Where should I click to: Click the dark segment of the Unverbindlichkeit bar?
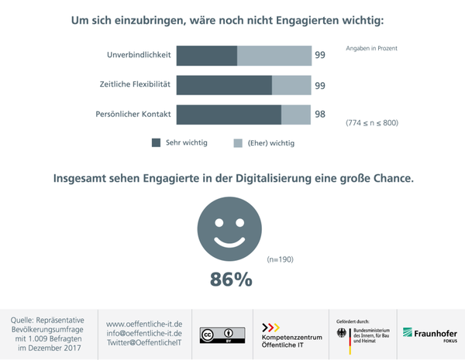[206, 56]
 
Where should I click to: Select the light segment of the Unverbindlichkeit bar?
[274, 56]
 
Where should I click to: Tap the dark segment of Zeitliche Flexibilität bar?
[224, 85]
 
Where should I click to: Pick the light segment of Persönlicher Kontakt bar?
[295, 115]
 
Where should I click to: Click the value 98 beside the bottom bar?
[319, 115]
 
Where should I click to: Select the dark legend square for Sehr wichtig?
[156, 142]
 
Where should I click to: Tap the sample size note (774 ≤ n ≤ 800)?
[371, 123]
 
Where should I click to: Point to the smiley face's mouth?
[230, 242]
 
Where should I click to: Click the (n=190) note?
[280, 259]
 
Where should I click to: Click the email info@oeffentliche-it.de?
[143, 333]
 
